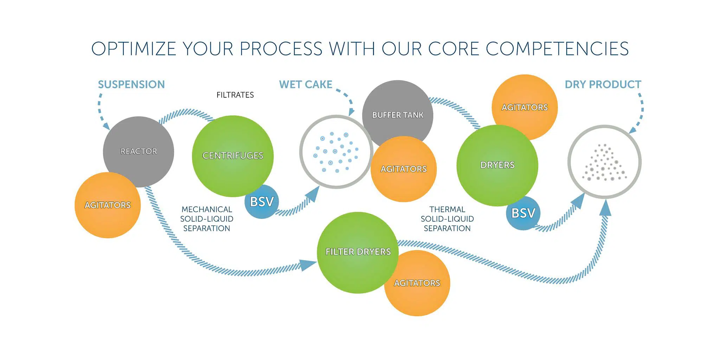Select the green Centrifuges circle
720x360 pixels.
pyautogui.click(x=233, y=156)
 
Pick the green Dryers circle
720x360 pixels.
pyautogui.click(x=497, y=165)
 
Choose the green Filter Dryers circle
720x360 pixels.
pyautogui.click(x=358, y=252)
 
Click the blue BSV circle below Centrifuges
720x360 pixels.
pyautogui.click(x=262, y=202)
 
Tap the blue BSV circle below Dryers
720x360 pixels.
pyautogui.click(x=523, y=213)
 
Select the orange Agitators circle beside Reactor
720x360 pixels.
pyautogui.click(x=107, y=205)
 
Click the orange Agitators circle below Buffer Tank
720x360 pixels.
pyautogui.click(x=404, y=169)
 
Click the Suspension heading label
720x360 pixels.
pyautogui.click(x=131, y=85)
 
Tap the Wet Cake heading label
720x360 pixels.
pyautogui.click(x=306, y=85)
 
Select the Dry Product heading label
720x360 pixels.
pyautogui.click(x=603, y=85)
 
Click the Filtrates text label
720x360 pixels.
pyautogui.click(x=235, y=95)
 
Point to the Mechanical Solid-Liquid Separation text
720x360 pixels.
pyautogui.click(x=207, y=219)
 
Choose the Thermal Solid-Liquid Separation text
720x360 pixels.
pyautogui.click(x=447, y=219)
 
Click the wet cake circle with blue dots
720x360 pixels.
pyautogui.click(x=336, y=152)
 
